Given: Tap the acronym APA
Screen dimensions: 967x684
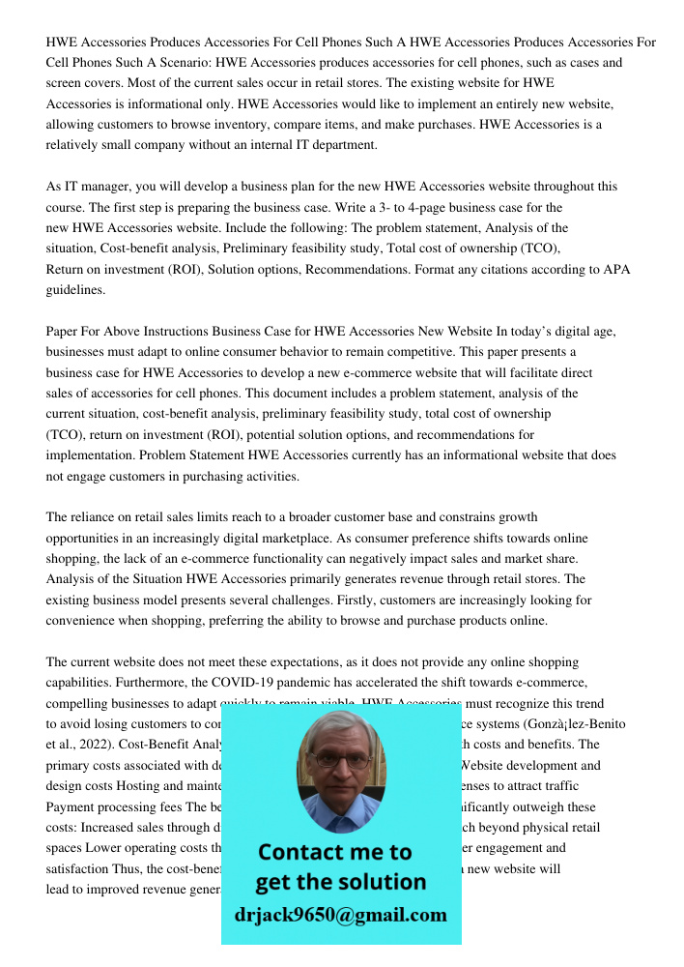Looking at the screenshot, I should pyautogui.click(x=616, y=269).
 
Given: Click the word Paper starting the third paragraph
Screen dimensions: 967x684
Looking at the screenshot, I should pyautogui.click(x=63, y=332).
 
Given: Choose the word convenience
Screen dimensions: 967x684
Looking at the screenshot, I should pyautogui.click(x=84, y=621).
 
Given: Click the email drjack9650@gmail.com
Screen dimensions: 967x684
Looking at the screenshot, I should pyautogui.click(x=340, y=915).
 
